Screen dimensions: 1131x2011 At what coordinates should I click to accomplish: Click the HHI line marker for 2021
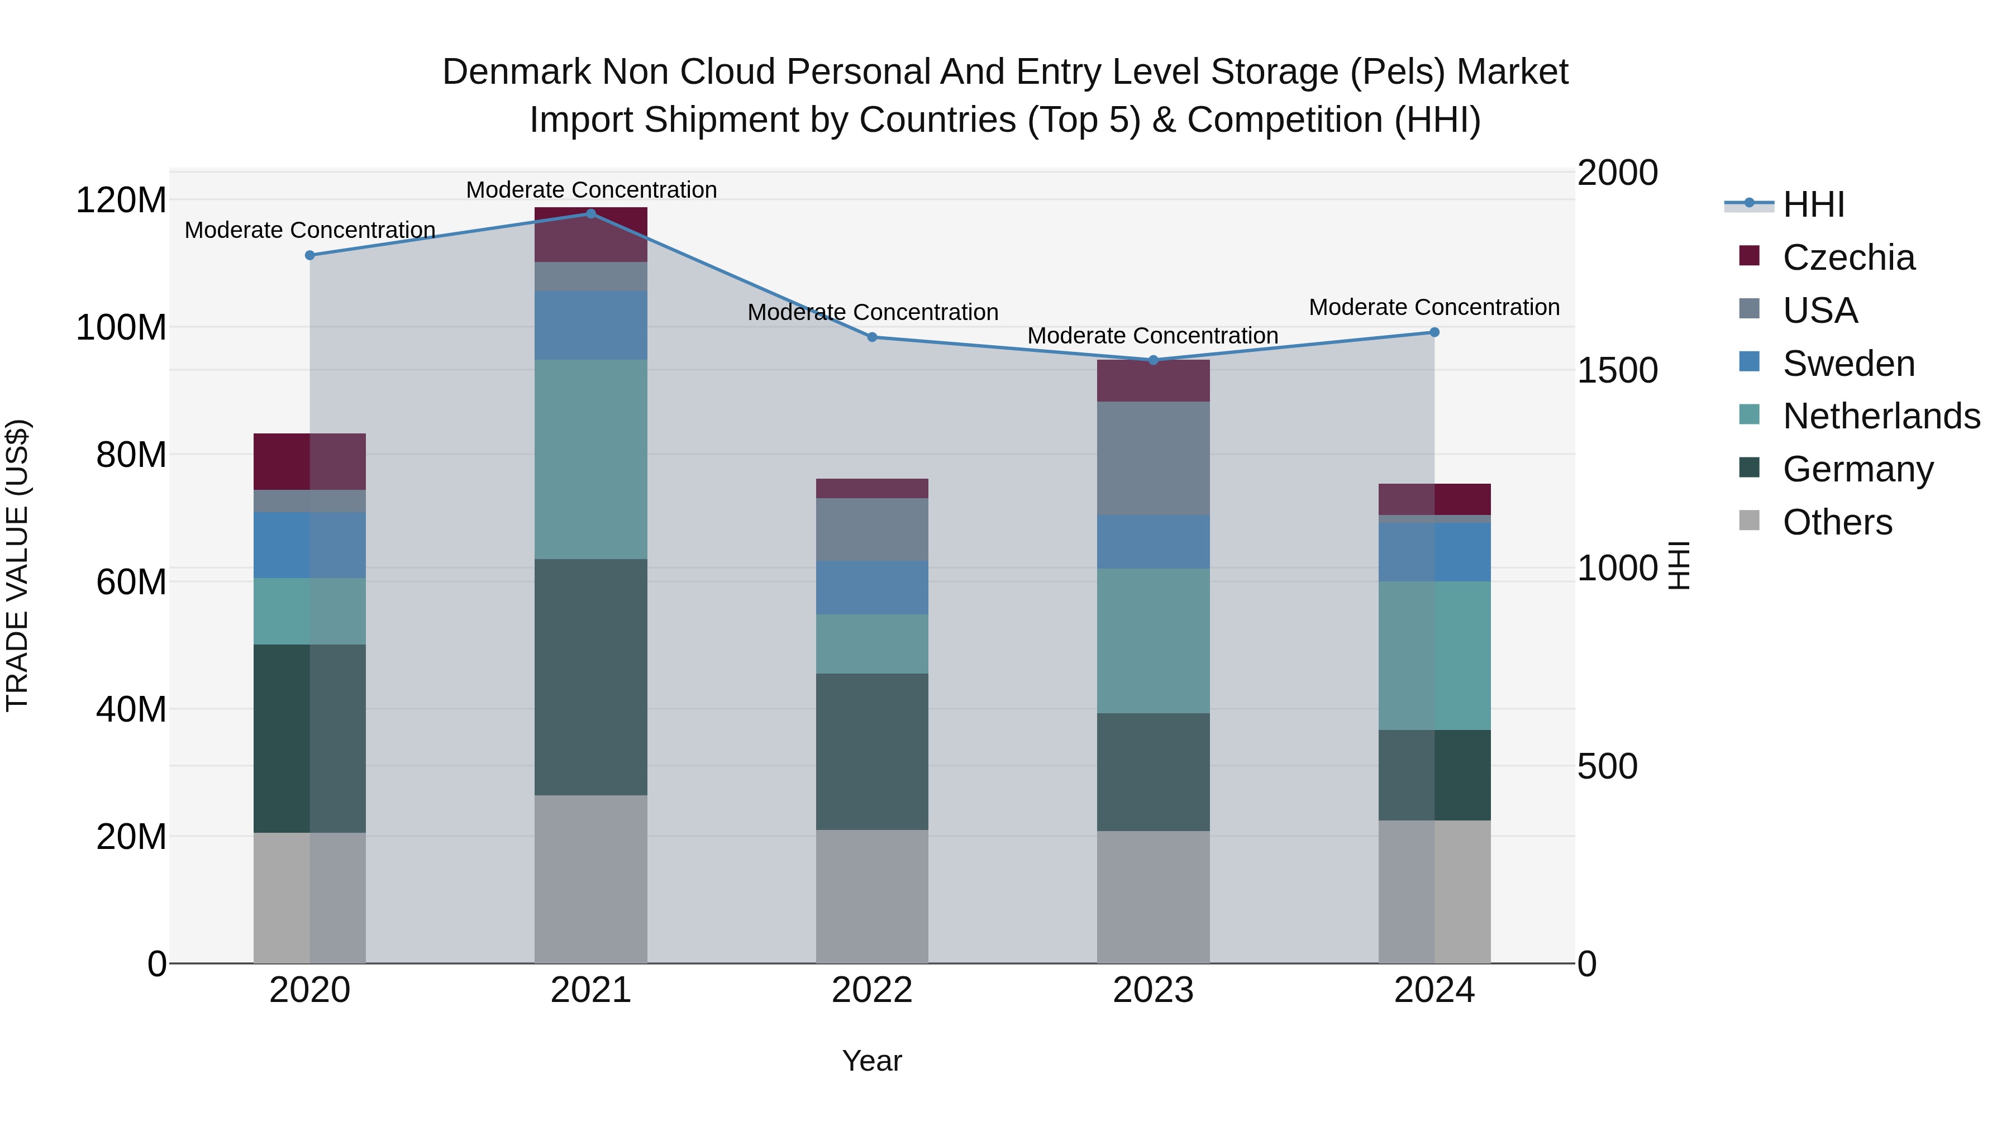point(591,214)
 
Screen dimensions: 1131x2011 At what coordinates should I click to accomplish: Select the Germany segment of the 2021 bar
point(591,677)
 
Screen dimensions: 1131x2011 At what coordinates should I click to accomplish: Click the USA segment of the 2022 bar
point(872,529)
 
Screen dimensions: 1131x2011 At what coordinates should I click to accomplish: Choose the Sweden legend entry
point(1848,364)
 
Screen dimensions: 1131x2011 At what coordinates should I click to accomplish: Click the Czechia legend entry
point(1848,257)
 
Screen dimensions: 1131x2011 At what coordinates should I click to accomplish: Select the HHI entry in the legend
point(1813,204)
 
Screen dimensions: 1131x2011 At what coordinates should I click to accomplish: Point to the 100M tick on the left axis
point(121,328)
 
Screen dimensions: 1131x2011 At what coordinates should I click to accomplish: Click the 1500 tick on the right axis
point(1617,371)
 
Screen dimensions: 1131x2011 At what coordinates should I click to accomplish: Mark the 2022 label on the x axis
point(872,990)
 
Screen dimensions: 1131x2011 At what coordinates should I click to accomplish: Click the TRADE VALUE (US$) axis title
point(17,565)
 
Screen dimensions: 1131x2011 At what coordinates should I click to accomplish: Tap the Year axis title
point(872,1061)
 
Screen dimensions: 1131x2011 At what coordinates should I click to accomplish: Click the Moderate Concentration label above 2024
point(1434,308)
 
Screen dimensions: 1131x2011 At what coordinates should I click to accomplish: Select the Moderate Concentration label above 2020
point(310,230)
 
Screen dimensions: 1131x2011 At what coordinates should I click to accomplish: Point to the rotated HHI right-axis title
point(1678,565)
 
